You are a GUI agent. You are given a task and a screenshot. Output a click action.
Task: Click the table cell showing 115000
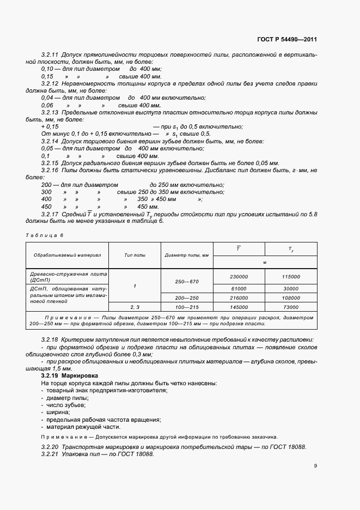(x=291, y=276)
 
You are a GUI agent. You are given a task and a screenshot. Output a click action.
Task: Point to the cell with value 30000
(x=291, y=288)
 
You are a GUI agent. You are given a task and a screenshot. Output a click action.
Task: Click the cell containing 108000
(x=291, y=298)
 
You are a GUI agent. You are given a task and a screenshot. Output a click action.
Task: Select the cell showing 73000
(x=291, y=307)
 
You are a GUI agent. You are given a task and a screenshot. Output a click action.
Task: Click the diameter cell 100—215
(x=186, y=307)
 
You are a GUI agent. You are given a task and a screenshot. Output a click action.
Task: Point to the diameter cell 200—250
(x=186, y=298)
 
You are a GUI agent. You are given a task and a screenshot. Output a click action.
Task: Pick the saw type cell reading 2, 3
(x=135, y=307)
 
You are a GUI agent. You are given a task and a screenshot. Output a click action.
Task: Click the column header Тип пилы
(x=135, y=254)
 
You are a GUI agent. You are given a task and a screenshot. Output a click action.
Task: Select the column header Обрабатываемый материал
(x=67, y=254)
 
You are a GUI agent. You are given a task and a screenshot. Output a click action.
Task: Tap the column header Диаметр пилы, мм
(x=186, y=254)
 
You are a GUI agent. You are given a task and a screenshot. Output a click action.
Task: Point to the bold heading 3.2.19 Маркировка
(x=70, y=376)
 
